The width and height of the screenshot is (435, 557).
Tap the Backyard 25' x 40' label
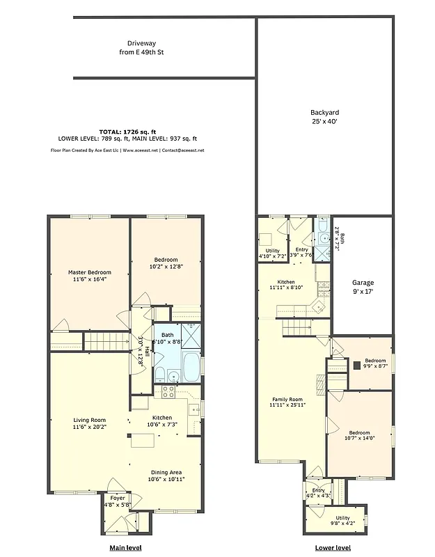(x=324, y=116)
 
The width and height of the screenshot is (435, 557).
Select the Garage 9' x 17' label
(x=363, y=287)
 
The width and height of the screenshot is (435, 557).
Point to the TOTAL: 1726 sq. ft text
(x=128, y=132)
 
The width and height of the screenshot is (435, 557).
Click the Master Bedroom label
(x=89, y=276)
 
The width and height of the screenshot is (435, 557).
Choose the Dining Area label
(x=166, y=476)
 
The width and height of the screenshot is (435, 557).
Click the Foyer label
(x=118, y=501)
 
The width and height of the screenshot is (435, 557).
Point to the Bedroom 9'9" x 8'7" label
(x=375, y=363)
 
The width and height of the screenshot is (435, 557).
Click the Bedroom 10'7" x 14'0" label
(x=359, y=435)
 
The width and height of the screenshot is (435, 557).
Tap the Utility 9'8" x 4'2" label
(x=342, y=520)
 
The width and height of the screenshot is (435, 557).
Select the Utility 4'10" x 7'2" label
(x=272, y=253)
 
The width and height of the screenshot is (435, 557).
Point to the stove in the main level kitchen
(x=168, y=391)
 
